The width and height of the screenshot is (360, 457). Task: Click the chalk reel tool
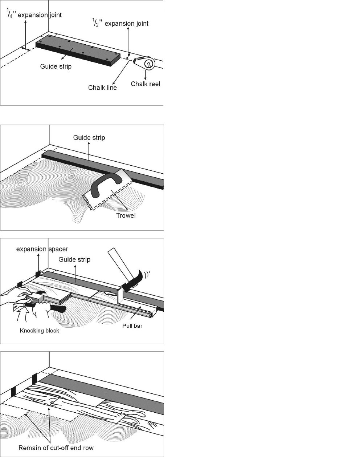pos(145,63)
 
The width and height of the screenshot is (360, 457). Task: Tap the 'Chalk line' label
pos(102,88)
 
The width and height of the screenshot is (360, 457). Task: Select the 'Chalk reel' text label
pos(145,84)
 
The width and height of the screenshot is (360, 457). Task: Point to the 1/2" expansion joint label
pos(120,23)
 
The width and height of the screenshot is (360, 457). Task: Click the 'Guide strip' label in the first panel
pos(56,66)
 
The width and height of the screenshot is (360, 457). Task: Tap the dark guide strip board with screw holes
pos(78,50)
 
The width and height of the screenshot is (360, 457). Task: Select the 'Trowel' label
pos(126,215)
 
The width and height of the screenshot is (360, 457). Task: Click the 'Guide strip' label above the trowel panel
pos(89,138)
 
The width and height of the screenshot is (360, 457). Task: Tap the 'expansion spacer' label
pos(42,249)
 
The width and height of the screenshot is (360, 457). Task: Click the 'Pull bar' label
pos(132,326)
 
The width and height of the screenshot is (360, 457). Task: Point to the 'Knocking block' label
pos(40,331)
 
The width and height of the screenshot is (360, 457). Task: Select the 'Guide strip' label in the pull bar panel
pos(74,259)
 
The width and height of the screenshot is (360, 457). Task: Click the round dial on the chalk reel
pos(150,63)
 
